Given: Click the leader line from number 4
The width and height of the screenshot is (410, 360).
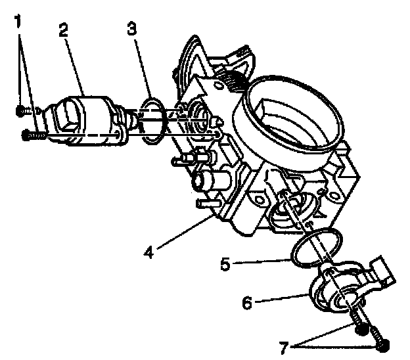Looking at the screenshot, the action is (x=187, y=234).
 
